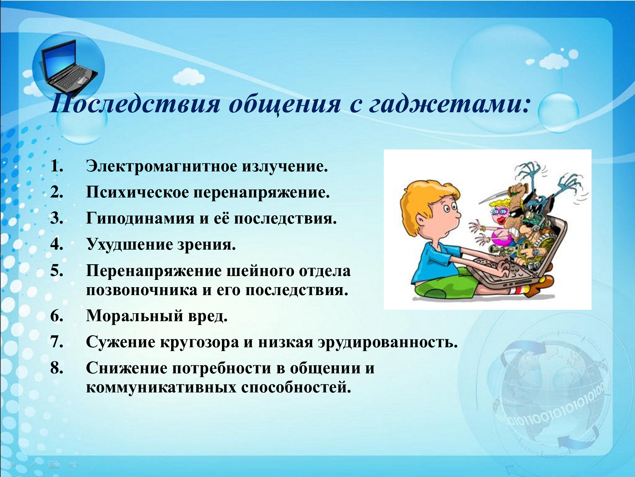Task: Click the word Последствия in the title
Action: point(135,104)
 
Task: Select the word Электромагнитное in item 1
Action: point(162,166)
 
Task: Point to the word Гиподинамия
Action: point(140,218)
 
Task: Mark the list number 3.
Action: point(57,218)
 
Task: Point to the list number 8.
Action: point(57,368)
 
